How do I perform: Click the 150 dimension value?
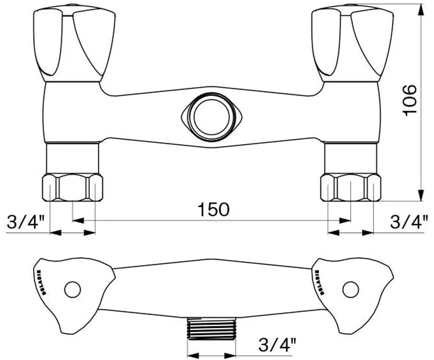213,209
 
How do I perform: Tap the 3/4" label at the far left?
25,222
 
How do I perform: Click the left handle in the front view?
74,43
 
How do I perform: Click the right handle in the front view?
352,43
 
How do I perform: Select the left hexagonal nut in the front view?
73,188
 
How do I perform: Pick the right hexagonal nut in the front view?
351,188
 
